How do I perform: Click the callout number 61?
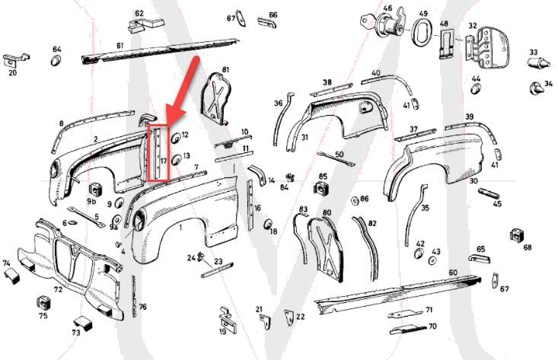pos(120,46)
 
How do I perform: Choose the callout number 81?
pos(225,70)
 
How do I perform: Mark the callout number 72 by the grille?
pos(58,290)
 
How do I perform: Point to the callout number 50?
pos(340,155)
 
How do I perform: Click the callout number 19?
pos(222,331)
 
